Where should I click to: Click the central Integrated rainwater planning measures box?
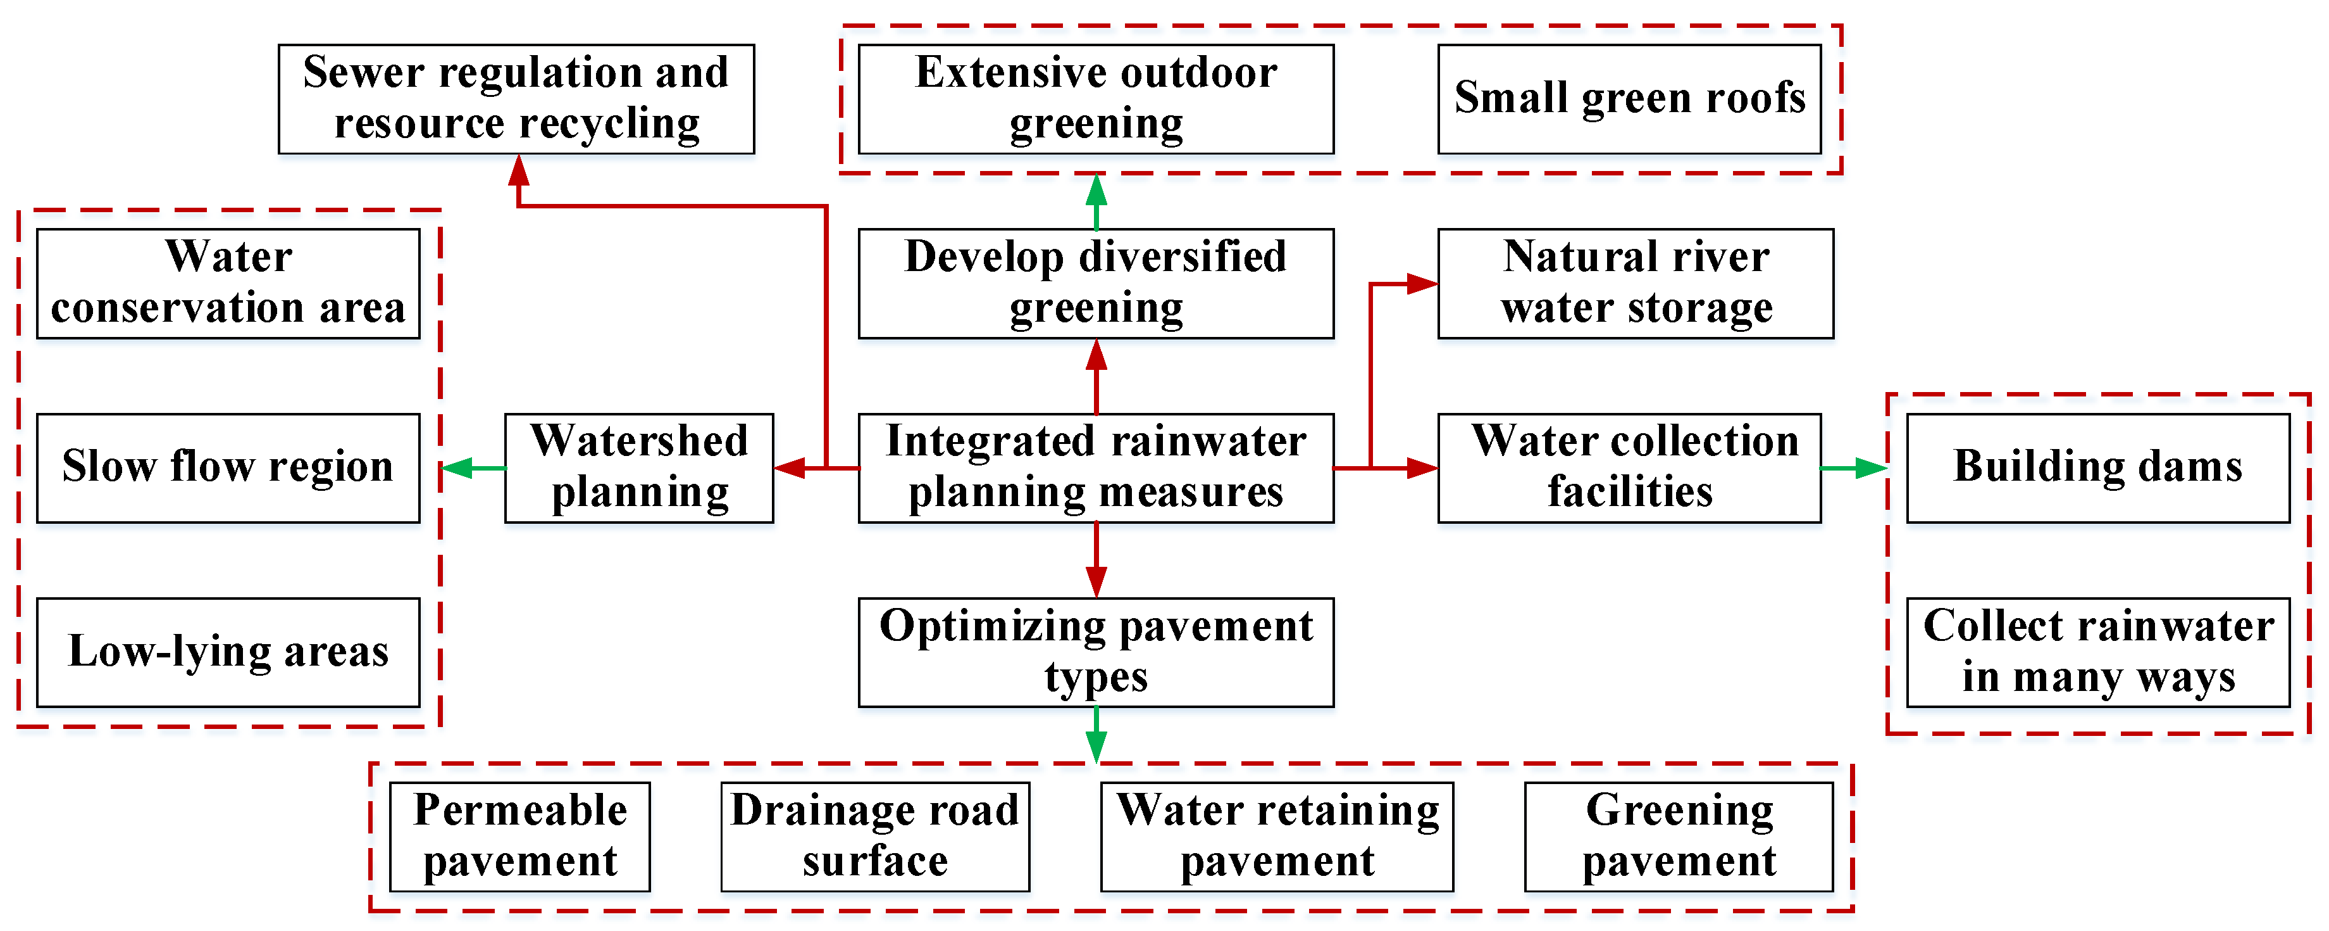(x=1096, y=468)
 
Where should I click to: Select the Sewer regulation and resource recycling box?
(x=516, y=99)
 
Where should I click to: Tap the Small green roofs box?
(x=1629, y=99)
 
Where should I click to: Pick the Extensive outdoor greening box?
(x=1096, y=99)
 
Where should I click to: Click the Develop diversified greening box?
(x=1096, y=283)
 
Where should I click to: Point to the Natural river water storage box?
(x=1635, y=283)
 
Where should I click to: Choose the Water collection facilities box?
(x=1629, y=468)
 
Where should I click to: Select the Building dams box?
(x=2097, y=468)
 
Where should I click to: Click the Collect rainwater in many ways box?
(x=2097, y=652)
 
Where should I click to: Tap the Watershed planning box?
(x=638, y=468)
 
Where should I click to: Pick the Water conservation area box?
(x=228, y=283)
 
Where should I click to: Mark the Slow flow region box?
(x=228, y=468)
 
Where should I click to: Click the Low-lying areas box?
(x=228, y=652)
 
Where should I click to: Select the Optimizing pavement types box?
(x=1096, y=652)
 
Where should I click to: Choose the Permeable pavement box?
(x=520, y=836)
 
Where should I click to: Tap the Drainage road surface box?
(x=874, y=836)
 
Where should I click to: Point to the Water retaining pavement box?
(x=1277, y=836)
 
